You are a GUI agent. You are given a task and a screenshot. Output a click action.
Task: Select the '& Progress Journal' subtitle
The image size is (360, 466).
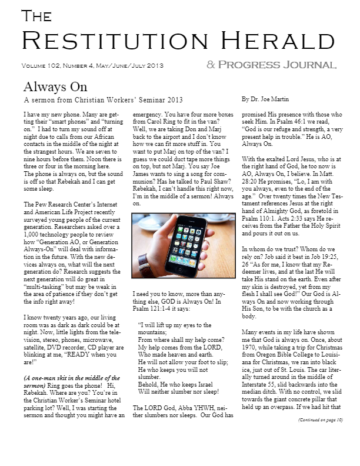(x=271, y=64)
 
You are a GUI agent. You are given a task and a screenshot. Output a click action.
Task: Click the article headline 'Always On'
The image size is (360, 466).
(x=55, y=87)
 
